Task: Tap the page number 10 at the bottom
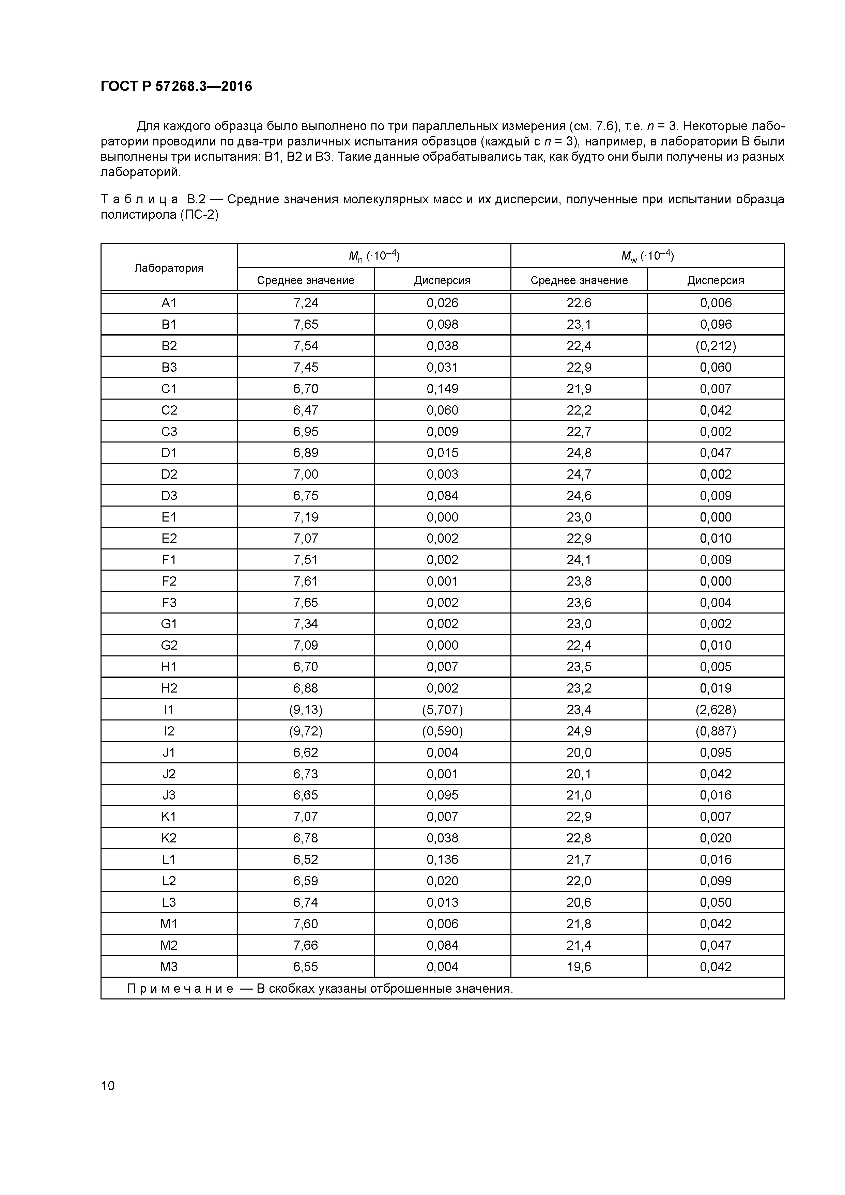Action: [x=108, y=1085]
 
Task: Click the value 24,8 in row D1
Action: [x=579, y=453]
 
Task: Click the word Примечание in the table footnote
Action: [x=180, y=988]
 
